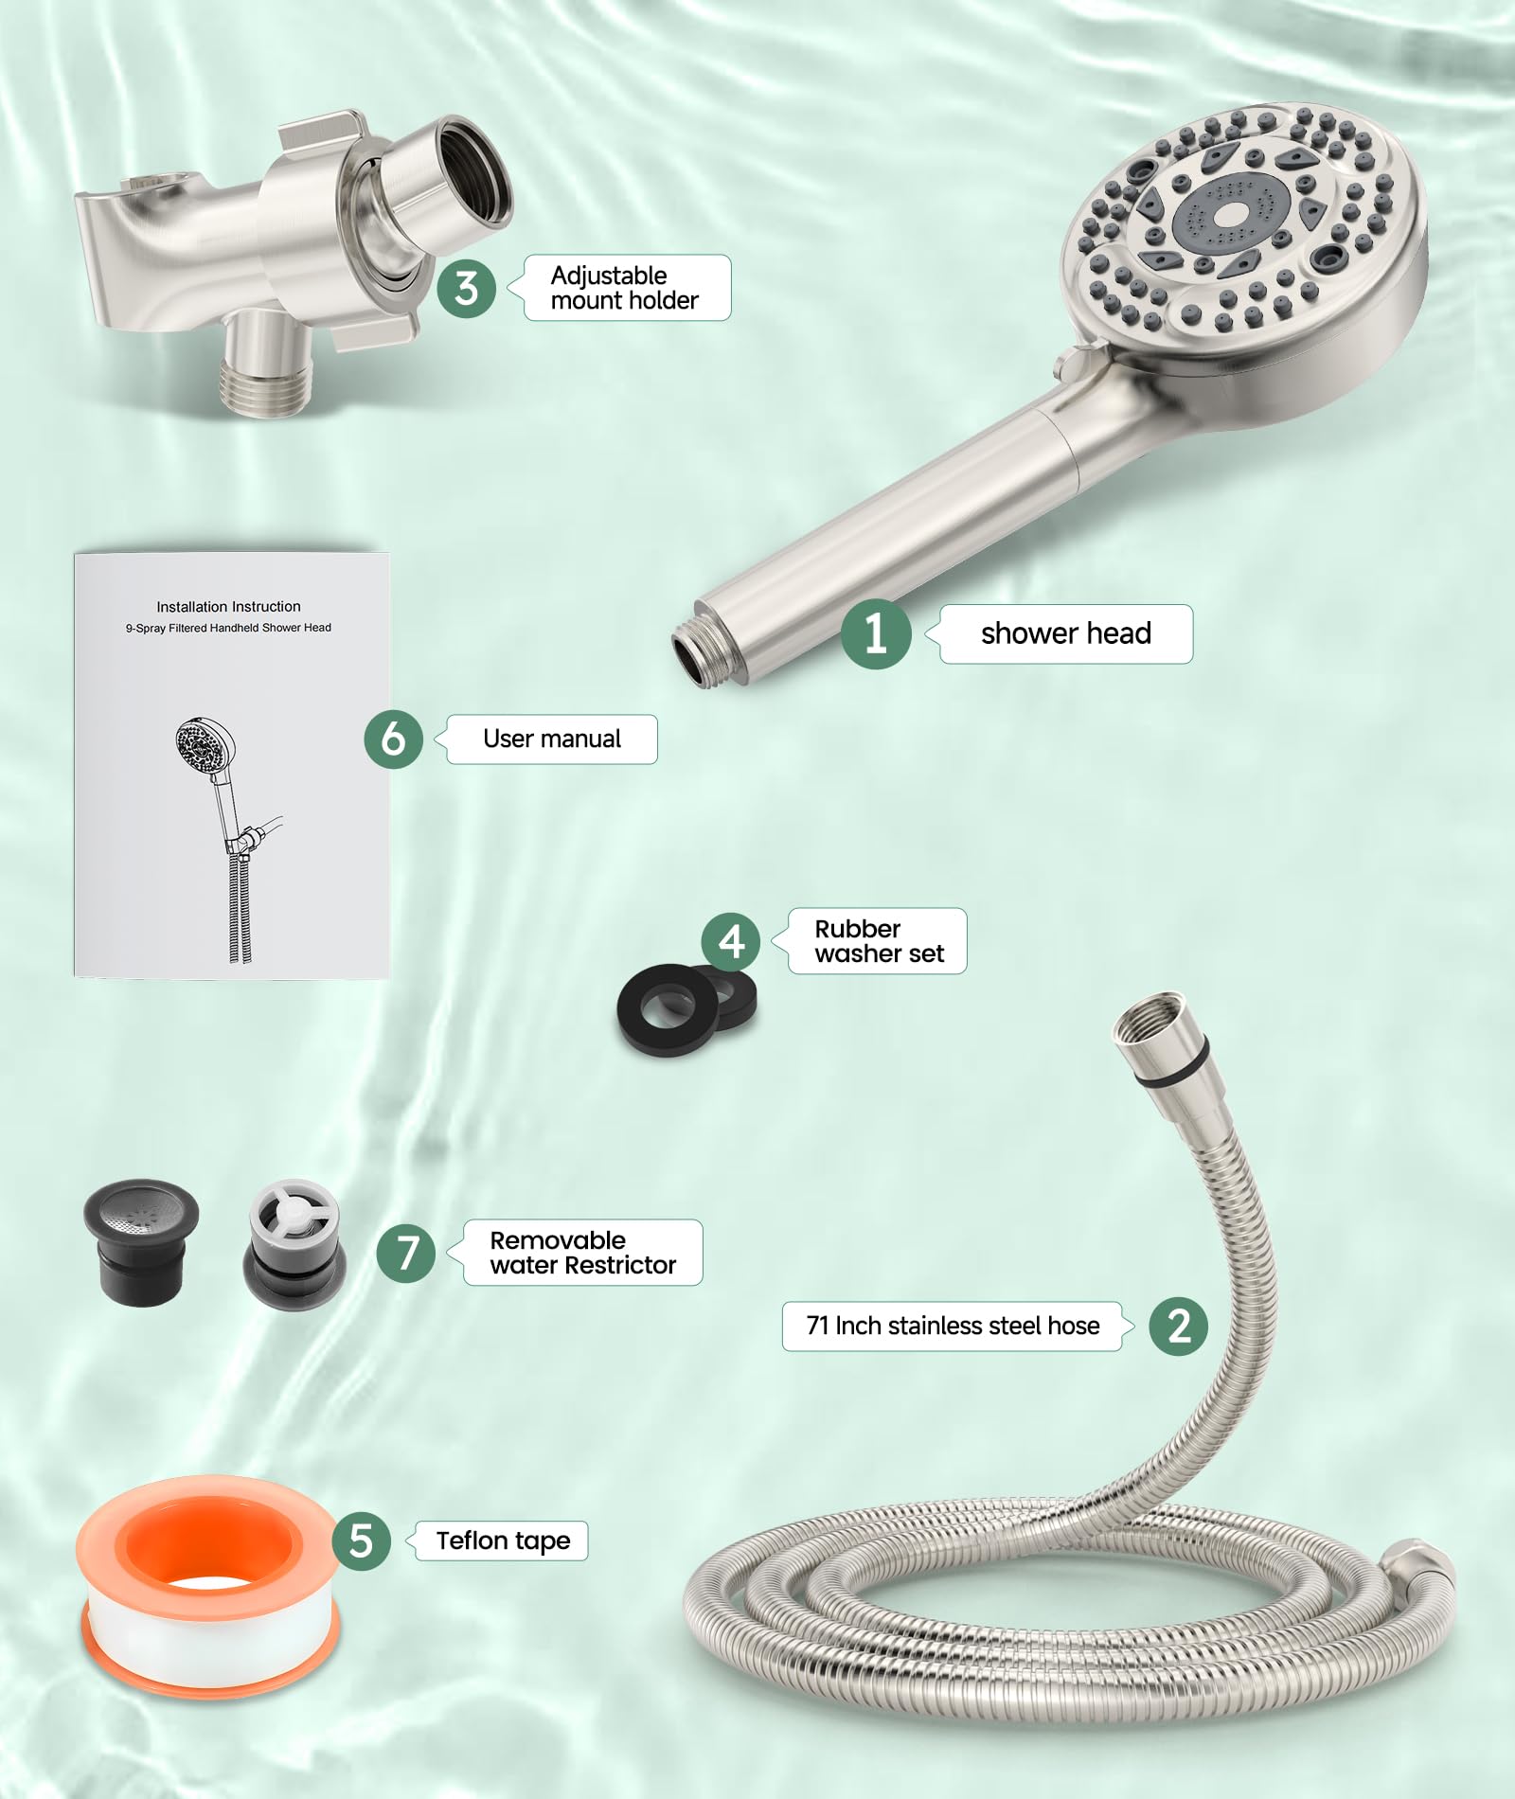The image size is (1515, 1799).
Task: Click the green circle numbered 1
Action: click(876, 633)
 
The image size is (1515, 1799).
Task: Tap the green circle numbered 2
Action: click(1178, 1326)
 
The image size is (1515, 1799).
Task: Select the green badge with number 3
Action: click(466, 288)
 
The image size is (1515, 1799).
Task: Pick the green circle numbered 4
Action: click(730, 941)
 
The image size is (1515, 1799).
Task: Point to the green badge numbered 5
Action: click(361, 1541)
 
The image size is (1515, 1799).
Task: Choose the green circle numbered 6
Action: click(393, 739)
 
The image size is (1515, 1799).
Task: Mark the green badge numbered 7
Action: click(406, 1253)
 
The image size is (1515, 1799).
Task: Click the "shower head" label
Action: click(1065, 633)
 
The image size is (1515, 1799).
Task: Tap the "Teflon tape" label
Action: click(503, 1541)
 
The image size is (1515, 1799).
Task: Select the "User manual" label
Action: click(552, 739)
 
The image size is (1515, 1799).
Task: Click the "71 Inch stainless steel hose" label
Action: click(953, 1326)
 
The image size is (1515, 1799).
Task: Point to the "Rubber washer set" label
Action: click(878, 941)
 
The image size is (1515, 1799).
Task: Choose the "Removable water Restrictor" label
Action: click(583, 1253)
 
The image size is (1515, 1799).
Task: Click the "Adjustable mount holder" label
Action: click(625, 288)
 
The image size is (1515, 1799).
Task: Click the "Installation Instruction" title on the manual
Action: click(228, 606)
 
